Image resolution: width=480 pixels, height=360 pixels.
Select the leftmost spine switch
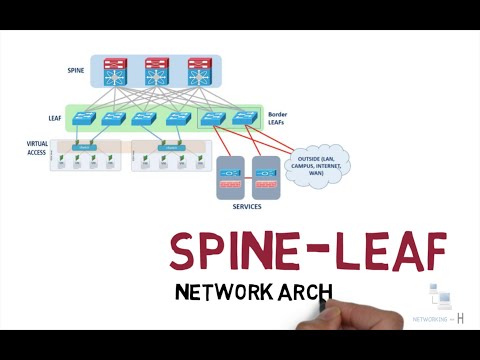[x=121, y=72]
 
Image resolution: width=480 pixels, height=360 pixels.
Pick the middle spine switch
[x=156, y=72]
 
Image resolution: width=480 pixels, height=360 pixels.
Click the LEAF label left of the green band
[x=54, y=118]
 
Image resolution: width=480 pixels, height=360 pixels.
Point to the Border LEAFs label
[x=279, y=118]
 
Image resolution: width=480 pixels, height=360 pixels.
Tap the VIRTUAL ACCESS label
[x=37, y=148]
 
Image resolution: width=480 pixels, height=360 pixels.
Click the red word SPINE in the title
[x=227, y=251]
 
